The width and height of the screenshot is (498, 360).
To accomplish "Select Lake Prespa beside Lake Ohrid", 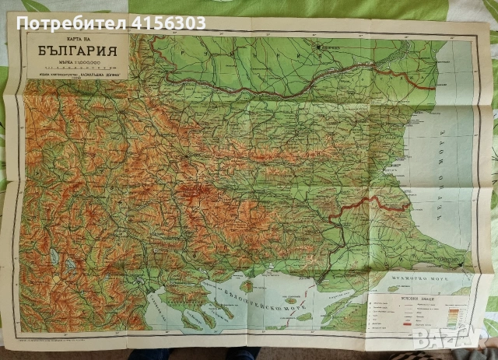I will pos(70,264).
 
